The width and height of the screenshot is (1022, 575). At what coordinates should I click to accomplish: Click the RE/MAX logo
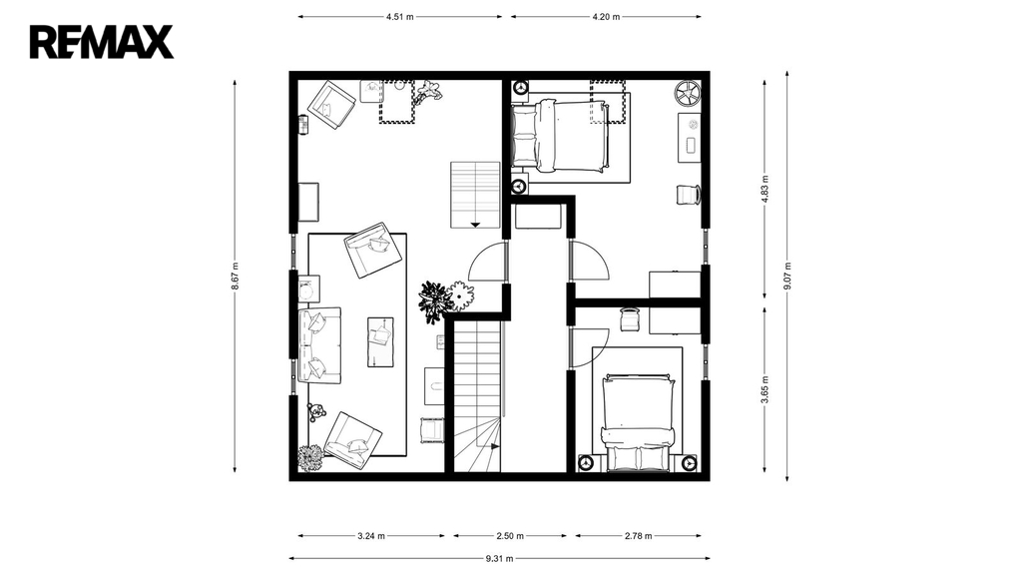click(x=102, y=42)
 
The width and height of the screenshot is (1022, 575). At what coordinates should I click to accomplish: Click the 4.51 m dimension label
click(x=399, y=17)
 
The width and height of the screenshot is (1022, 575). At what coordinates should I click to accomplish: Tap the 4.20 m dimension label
click(x=606, y=17)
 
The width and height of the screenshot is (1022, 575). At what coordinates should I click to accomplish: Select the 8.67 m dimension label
click(x=235, y=277)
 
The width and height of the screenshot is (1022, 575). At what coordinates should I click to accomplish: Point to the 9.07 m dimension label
click(x=787, y=277)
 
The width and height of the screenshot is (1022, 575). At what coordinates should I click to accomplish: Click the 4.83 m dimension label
click(x=766, y=190)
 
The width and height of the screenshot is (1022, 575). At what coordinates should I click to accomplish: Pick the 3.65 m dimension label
click(x=766, y=390)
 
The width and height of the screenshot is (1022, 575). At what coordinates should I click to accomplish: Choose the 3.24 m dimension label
click(x=371, y=536)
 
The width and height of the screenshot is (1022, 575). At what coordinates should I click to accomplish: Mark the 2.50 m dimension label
click(x=510, y=536)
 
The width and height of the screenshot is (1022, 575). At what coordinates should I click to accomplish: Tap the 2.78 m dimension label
click(x=638, y=536)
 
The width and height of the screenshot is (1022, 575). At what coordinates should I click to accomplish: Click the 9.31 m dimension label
click(x=499, y=558)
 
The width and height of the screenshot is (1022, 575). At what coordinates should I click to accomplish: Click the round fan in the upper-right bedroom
click(x=687, y=93)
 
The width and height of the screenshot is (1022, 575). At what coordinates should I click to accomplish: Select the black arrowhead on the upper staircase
click(x=475, y=225)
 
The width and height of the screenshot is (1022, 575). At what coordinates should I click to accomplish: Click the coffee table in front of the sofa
click(x=380, y=341)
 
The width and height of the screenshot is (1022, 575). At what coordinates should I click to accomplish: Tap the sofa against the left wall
click(x=319, y=345)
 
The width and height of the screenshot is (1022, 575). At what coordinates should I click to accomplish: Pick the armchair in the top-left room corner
click(x=331, y=104)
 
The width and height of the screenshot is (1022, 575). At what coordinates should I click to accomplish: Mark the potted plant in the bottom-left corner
click(x=310, y=458)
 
